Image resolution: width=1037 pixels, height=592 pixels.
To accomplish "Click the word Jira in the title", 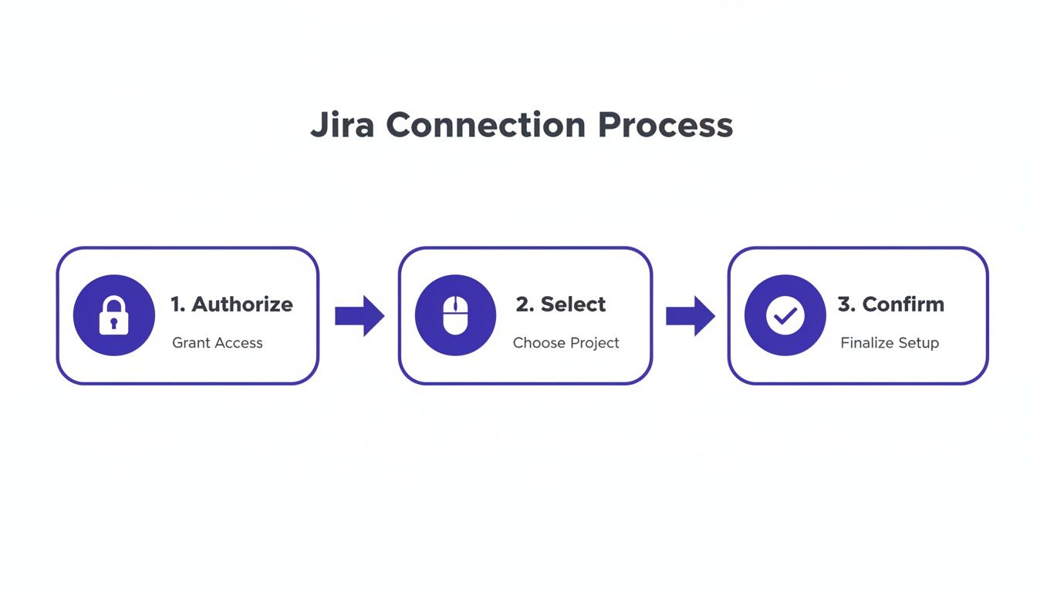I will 342,126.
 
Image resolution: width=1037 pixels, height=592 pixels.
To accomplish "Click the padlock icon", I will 113,315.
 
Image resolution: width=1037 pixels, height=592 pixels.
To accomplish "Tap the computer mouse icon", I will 455,315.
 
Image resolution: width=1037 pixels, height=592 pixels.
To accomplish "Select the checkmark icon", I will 785,315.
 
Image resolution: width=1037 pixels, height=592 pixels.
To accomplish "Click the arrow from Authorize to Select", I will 359,315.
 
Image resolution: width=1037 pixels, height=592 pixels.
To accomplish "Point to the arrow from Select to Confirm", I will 690,315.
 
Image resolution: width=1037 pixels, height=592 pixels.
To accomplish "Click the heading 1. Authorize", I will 231,304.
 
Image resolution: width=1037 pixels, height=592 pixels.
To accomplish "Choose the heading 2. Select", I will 561,304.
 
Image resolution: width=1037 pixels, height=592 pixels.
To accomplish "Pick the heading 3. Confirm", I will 890,304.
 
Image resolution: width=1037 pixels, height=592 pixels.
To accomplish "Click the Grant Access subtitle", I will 218,343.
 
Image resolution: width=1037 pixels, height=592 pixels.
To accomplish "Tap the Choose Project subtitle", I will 566,343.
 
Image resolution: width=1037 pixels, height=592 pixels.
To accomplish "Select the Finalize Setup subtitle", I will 890,343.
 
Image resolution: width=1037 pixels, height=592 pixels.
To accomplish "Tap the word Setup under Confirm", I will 918,343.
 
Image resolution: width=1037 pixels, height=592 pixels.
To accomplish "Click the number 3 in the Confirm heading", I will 844,304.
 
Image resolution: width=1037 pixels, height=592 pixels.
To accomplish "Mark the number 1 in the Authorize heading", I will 177,304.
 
